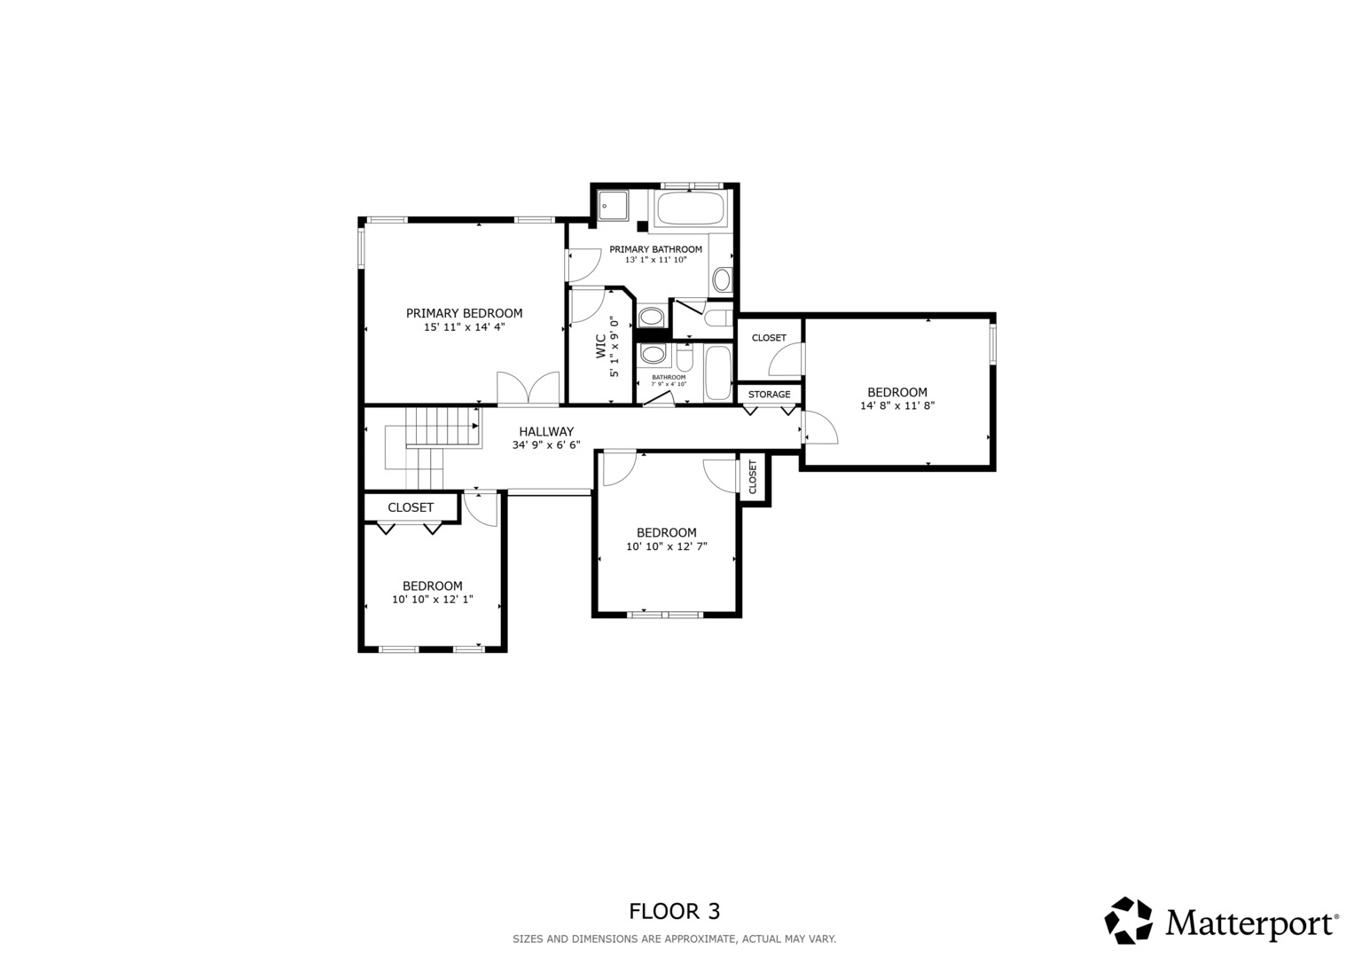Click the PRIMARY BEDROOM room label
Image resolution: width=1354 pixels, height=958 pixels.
pos(465,313)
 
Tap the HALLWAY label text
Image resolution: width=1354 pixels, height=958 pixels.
pos(546,432)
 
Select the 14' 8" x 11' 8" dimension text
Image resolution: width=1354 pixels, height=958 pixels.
pos(897,406)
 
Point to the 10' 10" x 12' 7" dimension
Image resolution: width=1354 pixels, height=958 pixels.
pos(667,546)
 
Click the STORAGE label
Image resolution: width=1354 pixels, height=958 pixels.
pos(770,395)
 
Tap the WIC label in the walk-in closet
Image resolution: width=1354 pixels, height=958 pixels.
pos(601,347)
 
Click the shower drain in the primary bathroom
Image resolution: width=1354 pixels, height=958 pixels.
pos(604,206)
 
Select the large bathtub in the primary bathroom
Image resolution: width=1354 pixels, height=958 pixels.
pos(689,208)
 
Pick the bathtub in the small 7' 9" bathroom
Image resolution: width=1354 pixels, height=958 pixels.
pos(718,373)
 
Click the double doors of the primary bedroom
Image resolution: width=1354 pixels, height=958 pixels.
pos(528,388)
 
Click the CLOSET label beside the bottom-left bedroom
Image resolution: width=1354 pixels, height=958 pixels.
pos(411,507)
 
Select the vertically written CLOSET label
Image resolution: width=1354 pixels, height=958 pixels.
pos(753,476)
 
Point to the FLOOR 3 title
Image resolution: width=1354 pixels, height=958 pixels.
pos(675,911)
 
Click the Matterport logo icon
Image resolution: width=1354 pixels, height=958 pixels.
pos(1129,920)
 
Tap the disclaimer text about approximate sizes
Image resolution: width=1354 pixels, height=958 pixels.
pos(675,939)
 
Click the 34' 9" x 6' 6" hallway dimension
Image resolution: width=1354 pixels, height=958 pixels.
pos(546,445)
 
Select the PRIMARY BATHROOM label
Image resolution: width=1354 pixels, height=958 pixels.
pos(656,249)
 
